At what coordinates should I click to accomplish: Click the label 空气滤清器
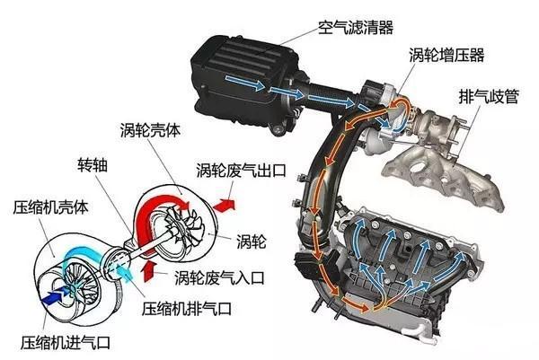356,27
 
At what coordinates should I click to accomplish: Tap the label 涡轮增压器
446,55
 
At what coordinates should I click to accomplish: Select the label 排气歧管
489,97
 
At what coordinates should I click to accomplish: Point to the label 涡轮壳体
150,130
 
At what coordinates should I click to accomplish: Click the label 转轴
93,165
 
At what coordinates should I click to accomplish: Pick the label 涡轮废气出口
242,170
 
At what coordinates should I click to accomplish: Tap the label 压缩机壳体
50,207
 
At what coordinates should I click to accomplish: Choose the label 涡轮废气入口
219,277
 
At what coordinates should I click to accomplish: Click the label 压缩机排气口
187,308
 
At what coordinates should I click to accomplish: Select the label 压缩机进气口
66,342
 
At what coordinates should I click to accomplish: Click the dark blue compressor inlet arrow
55,296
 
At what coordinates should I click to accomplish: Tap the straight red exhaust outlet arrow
224,205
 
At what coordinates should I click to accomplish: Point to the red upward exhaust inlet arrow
148,271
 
